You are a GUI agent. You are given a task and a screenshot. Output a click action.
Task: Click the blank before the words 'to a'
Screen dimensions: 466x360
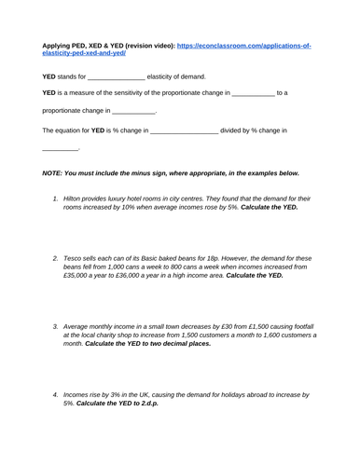click(x=253, y=94)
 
